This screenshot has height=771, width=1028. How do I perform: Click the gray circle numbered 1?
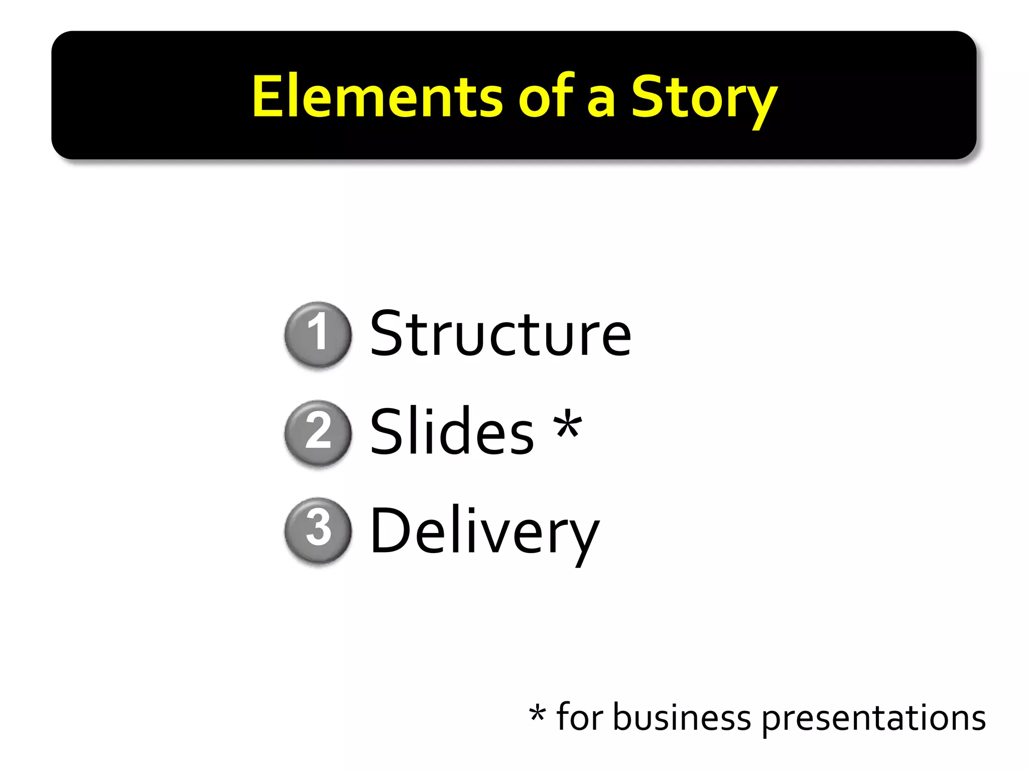tap(318, 334)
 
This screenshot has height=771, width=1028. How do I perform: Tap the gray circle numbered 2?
tap(318, 432)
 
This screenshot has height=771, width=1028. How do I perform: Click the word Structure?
tap(500, 334)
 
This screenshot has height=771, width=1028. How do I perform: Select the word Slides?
tap(452, 432)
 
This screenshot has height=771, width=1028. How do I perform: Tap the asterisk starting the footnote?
tap(537, 713)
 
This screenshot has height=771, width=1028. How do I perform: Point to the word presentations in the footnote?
tap(873, 719)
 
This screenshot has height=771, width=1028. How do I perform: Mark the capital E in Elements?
tap(267, 96)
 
